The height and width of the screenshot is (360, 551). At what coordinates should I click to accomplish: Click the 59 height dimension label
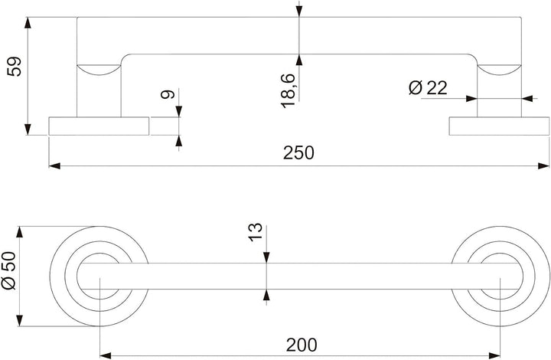15,67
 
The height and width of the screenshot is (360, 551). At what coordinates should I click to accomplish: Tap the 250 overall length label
298,152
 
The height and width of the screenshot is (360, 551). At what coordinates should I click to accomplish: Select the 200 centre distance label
302,345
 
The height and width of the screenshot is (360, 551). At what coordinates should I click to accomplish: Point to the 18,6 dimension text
288,90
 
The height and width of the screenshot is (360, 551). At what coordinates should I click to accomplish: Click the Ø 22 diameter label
428,87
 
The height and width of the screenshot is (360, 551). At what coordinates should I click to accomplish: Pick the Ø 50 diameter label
8,270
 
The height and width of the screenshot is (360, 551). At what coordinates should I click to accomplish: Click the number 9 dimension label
168,94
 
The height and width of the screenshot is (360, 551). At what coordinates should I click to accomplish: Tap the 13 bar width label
256,232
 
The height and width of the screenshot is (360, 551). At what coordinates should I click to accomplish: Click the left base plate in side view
99,126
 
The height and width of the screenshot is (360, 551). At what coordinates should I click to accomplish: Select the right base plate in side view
499,126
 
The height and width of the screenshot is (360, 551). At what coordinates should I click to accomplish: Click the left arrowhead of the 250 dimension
54,165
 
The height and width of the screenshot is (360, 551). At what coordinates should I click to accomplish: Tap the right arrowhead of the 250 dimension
543,165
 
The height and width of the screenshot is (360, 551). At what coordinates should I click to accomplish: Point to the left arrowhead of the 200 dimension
106,355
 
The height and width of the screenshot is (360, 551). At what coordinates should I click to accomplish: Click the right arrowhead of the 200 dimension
494,355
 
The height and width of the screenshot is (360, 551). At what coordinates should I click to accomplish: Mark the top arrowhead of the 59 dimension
28,23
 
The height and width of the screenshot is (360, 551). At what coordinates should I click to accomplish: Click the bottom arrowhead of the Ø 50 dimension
20,321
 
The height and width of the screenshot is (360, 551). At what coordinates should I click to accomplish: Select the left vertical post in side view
99,90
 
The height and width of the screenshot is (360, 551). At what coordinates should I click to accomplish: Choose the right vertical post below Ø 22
499,90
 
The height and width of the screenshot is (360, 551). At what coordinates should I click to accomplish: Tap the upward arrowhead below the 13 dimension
266,296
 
